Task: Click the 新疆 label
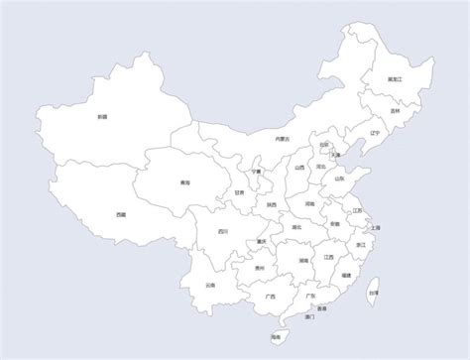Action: tap(102, 116)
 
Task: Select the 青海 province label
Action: tap(184, 182)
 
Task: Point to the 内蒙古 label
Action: tap(282, 140)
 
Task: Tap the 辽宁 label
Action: tap(374, 132)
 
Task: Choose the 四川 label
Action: tap(223, 231)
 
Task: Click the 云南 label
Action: tap(210, 286)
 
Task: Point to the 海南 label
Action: tap(275, 337)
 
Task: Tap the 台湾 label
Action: tap(373, 293)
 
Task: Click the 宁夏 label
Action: tap(256, 171)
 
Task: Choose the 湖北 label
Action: tap(296, 228)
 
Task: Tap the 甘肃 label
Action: tap(240, 193)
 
